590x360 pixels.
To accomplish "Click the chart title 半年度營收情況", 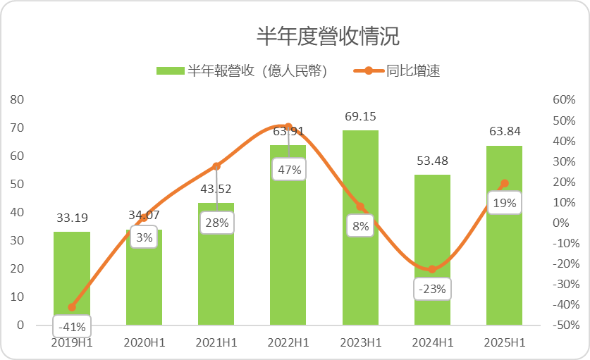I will (328, 36).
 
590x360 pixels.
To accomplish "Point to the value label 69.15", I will (360, 116).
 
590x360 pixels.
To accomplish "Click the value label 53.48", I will (432, 161).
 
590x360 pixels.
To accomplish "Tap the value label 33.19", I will (72, 218).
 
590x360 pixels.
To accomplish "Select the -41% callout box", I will (72, 326).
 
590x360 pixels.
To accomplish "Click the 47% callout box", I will (289, 169).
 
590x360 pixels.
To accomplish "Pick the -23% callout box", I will (432, 289).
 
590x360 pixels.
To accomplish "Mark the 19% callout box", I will (504, 204).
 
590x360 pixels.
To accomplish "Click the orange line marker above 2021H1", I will (216, 166).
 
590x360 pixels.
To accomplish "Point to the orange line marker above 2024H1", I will (432, 269).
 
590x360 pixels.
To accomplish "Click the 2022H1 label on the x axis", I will (289, 342).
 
